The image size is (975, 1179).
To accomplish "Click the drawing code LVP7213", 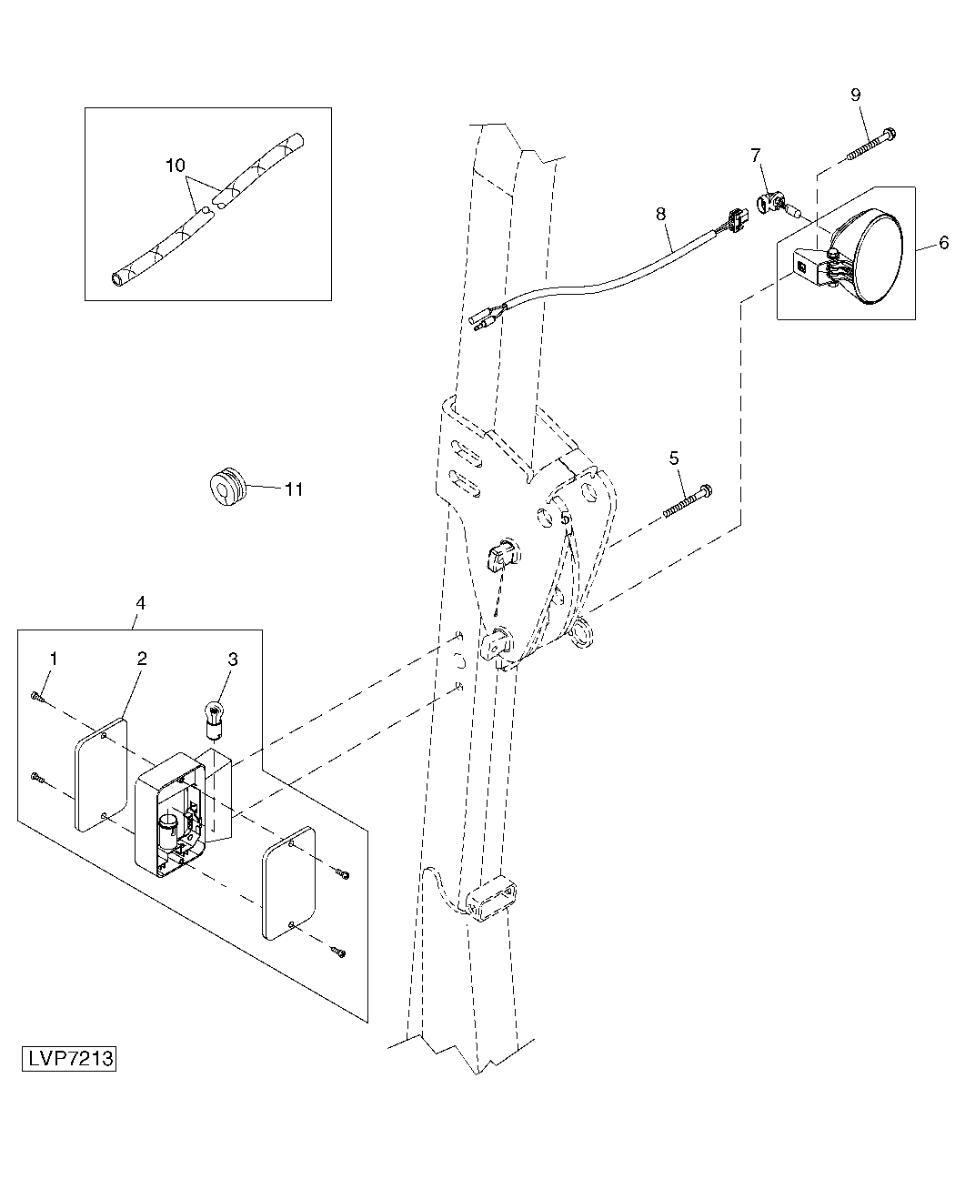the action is click(69, 1058).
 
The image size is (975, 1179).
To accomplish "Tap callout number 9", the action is click(855, 95).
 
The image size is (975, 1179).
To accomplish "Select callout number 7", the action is click(756, 155).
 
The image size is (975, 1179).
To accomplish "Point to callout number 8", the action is click(660, 214).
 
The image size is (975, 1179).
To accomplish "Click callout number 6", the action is click(943, 243).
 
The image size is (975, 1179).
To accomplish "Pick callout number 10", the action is click(176, 166).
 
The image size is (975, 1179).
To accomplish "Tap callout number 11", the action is click(294, 489).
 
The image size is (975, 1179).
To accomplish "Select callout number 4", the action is click(141, 603).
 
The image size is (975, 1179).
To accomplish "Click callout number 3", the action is click(233, 659).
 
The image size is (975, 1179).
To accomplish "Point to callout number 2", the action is click(142, 659).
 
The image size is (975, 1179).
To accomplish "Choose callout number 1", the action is click(54, 659).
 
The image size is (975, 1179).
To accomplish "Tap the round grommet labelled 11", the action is click(227, 486).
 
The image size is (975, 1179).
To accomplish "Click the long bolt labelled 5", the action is click(688, 500).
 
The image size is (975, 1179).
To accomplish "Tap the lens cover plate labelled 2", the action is click(101, 775).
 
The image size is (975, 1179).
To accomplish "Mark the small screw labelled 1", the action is click(36, 698).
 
